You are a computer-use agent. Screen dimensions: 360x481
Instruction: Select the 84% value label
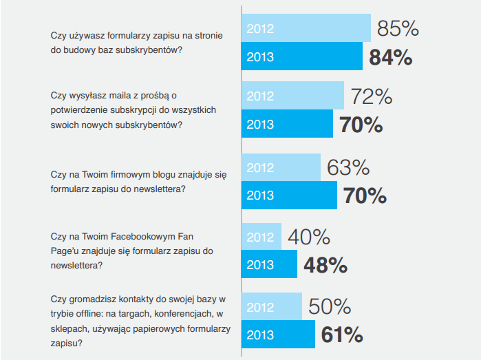point(390,57)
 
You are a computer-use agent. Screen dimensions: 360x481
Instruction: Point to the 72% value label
point(372,96)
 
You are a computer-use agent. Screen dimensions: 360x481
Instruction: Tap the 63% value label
point(348,168)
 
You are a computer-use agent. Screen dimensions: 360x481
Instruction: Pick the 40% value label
point(309,237)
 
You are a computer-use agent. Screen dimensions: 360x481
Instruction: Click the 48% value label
point(325,266)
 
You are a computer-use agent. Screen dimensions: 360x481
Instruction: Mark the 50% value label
point(330,307)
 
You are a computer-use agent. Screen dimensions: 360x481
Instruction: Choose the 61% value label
point(342,335)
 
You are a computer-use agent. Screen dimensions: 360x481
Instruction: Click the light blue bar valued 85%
point(306,28)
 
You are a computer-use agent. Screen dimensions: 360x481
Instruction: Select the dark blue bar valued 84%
point(301,56)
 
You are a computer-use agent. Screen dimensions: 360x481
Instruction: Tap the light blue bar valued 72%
point(292,96)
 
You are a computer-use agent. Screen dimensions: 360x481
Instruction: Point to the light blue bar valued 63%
point(281,167)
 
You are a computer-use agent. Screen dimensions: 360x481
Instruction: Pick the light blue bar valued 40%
point(261,237)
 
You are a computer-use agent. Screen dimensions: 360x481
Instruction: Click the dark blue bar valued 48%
point(269,265)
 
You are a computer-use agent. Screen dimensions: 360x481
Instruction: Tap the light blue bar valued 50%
point(272,306)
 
